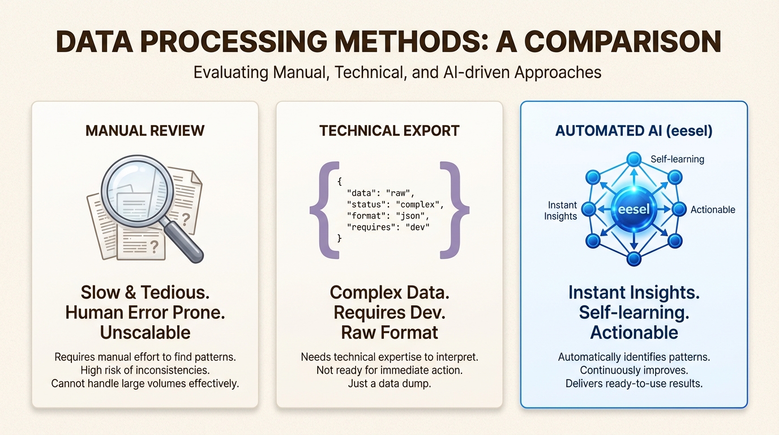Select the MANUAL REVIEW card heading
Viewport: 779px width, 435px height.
pyautogui.click(x=145, y=131)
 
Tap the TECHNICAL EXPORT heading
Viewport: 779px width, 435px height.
pyautogui.click(x=389, y=131)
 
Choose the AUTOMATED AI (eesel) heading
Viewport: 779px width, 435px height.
pyautogui.click(x=634, y=131)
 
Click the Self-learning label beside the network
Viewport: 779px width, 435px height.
pyautogui.click(x=677, y=159)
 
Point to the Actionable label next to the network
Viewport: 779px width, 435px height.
pyautogui.click(x=713, y=210)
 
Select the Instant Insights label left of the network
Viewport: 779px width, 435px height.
pyautogui.click(x=560, y=210)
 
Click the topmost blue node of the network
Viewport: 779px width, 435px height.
pyautogui.click(x=634, y=159)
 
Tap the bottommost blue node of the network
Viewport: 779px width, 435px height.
pyautogui.click(x=634, y=259)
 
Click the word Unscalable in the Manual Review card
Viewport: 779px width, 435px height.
pyautogui.click(x=145, y=332)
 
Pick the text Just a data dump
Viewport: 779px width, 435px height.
pyautogui.click(x=389, y=383)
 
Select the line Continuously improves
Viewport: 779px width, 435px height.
pyautogui.click(x=634, y=370)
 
